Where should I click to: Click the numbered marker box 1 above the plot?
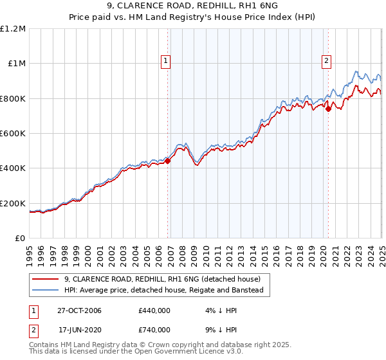(x=165, y=61)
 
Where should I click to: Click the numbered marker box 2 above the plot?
(x=326, y=61)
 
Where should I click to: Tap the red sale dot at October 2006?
(x=168, y=161)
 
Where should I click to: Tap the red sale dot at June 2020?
(x=328, y=109)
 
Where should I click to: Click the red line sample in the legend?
(x=46, y=280)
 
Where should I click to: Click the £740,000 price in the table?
(x=154, y=330)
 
